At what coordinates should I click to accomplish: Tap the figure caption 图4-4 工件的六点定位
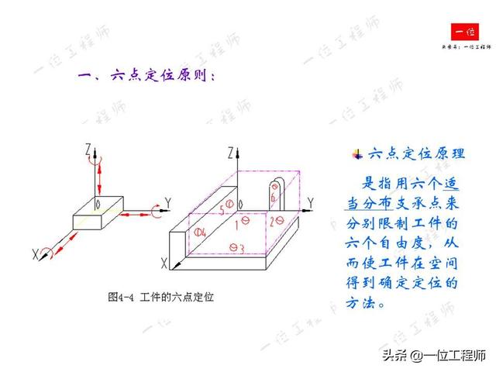(x=160, y=297)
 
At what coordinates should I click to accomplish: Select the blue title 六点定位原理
(x=415, y=153)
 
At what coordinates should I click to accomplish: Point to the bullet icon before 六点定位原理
(x=357, y=154)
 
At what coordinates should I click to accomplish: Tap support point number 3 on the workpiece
(x=237, y=248)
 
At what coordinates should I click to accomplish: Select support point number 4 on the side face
(x=201, y=232)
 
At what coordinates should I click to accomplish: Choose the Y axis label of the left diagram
(x=168, y=203)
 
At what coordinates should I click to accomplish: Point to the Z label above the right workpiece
(x=231, y=153)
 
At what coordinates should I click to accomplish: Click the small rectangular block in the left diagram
(x=98, y=212)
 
